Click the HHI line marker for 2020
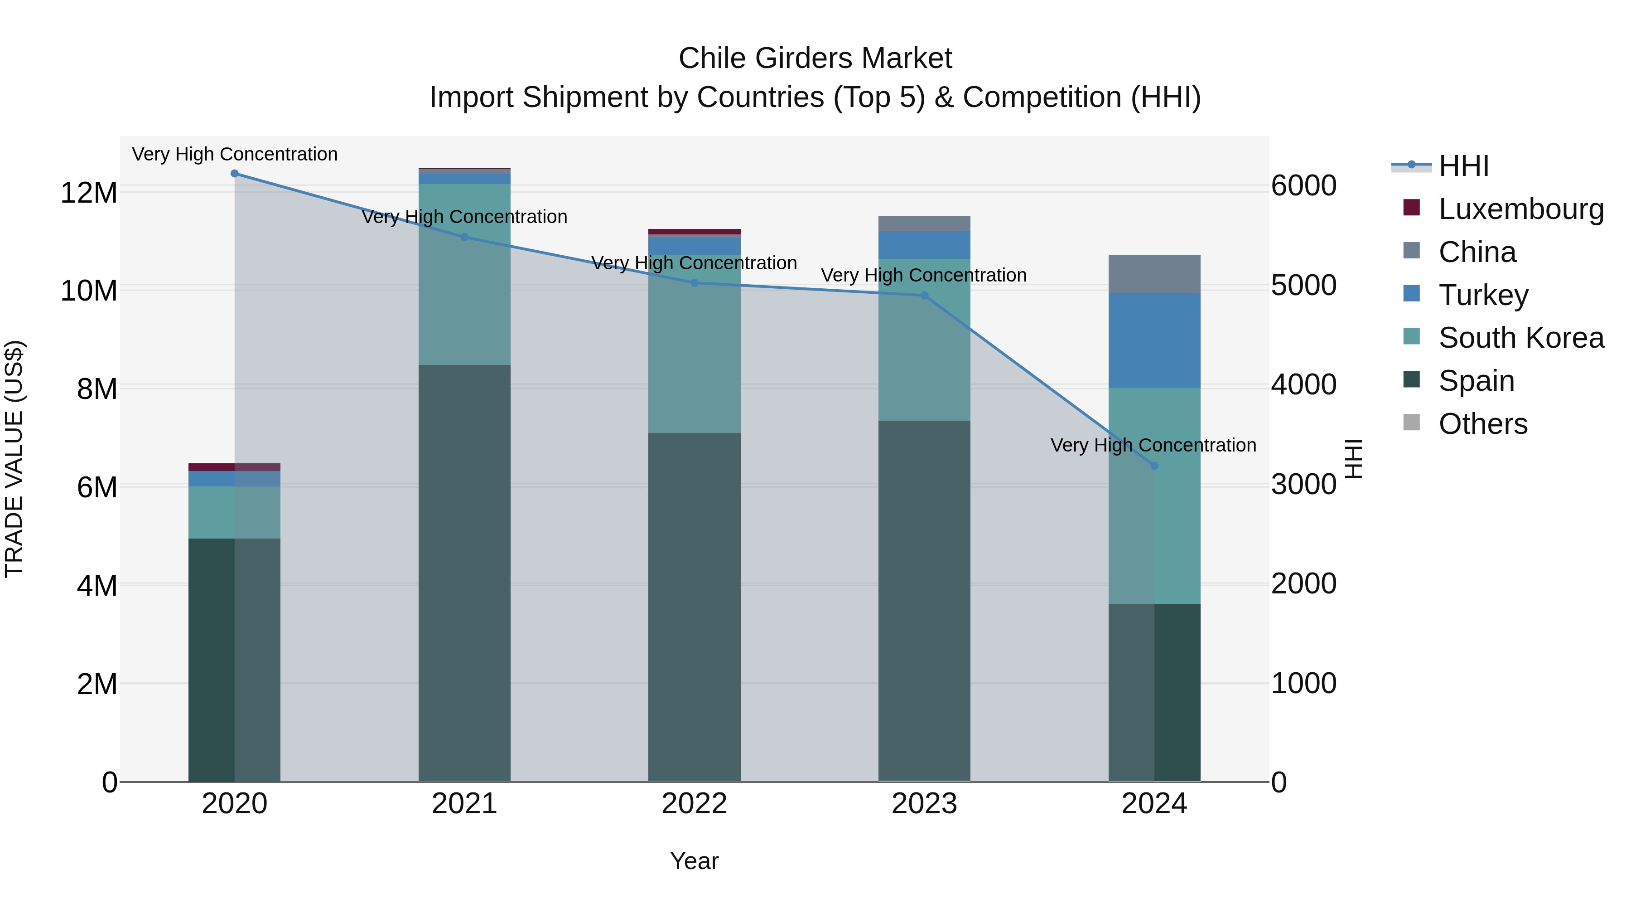pos(234,174)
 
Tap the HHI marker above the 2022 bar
pos(694,283)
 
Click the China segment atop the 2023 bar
pos(924,223)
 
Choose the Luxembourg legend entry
pos(1520,209)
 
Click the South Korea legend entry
pos(1520,338)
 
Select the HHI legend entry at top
pos(1462,166)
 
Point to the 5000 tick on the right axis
pos(1303,285)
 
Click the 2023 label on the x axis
pos(924,804)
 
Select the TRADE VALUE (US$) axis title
pos(14,459)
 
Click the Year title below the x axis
pos(694,861)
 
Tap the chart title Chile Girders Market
pos(815,58)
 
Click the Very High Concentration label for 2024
pos(1153,445)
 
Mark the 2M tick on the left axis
pos(97,684)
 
